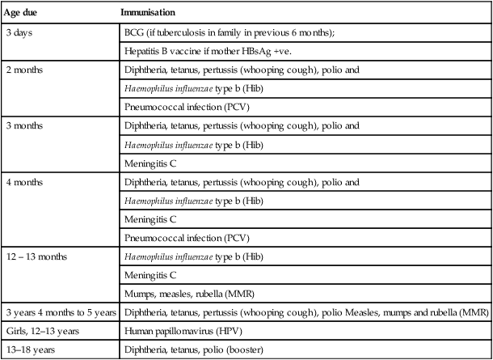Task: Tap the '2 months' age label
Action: tap(27, 70)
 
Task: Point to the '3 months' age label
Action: tap(27, 127)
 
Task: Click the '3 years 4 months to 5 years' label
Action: tap(60, 312)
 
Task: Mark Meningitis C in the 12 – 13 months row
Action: tap(151, 275)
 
